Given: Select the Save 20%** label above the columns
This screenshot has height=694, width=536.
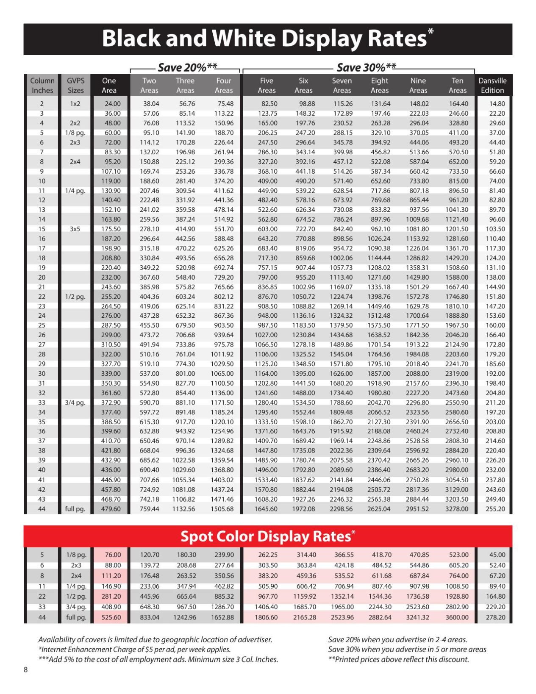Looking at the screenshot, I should pyautogui.click(x=187, y=67).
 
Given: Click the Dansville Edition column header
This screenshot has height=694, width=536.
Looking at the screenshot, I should pyautogui.click(x=492, y=85).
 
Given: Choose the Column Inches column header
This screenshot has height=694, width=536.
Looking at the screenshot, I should pyautogui.click(x=42, y=85).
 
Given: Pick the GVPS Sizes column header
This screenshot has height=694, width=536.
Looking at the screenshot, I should pyautogui.click(x=75, y=85).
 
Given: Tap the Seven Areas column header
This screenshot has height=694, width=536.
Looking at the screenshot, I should pyautogui.click(x=342, y=85).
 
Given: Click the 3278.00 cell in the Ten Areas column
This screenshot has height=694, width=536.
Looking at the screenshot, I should pyautogui.click(x=457, y=509).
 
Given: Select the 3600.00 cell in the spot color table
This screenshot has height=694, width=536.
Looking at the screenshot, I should pyautogui.click(x=457, y=617).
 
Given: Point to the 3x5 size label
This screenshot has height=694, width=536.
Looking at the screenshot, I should pyautogui.click(x=75, y=229).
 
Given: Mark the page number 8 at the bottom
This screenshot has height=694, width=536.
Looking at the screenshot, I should pyautogui.click(x=26, y=669).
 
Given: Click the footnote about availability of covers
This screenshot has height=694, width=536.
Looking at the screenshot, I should pyautogui.click(x=155, y=640).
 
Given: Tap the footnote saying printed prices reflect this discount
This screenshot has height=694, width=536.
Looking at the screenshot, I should pyautogui.click(x=398, y=659).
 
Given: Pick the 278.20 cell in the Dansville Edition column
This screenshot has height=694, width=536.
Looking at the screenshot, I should pyautogui.click(x=495, y=617).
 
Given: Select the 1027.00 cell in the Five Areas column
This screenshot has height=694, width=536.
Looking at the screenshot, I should pyautogui.click(x=266, y=335).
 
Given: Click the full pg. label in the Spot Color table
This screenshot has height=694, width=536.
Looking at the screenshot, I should pyautogui.click(x=76, y=617).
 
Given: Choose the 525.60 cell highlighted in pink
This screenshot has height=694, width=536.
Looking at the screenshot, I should pyautogui.click(x=111, y=617).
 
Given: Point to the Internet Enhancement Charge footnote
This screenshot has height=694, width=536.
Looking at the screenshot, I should pyautogui.click(x=134, y=650).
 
